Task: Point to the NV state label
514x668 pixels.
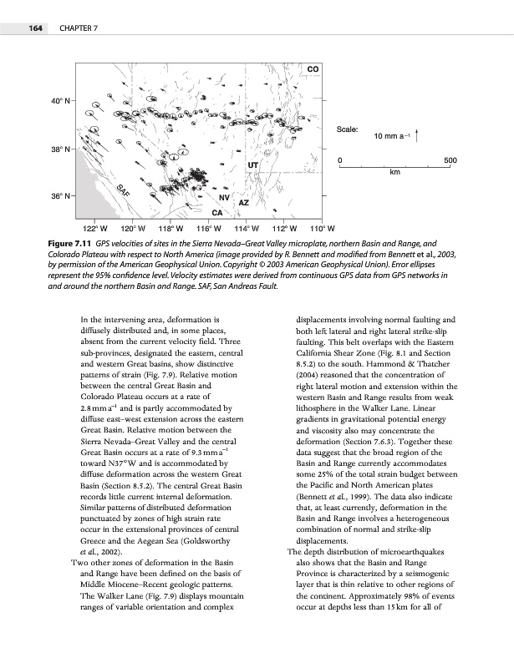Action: [224, 198]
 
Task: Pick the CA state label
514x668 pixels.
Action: [216, 213]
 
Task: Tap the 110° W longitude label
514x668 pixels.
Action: [322, 227]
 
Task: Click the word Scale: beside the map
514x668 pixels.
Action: [348, 129]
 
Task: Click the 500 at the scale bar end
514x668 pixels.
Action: [450, 159]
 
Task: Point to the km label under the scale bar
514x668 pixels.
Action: [396, 173]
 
